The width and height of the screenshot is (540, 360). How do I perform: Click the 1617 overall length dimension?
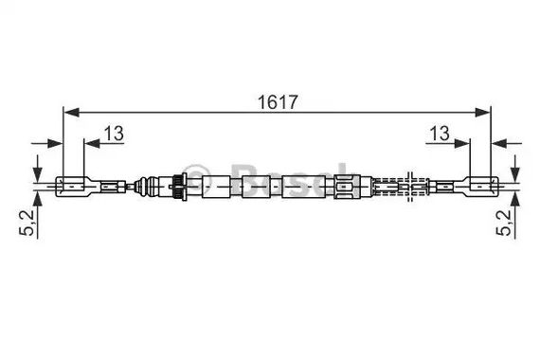click(x=278, y=102)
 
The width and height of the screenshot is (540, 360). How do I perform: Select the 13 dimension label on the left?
click(x=114, y=134)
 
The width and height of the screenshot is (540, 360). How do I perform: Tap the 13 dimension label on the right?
click(x=440, y=134)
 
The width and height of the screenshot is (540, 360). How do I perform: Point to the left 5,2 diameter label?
click(x=27, y=223)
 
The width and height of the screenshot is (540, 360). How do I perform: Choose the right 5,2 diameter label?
click(x=504, y=223)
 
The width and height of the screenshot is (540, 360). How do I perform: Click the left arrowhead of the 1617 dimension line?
click(x=72, y=113)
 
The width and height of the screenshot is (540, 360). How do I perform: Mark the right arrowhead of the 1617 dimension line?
click(x=482, y=113)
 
